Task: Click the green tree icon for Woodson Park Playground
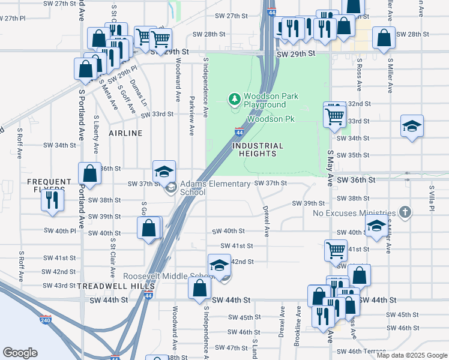click(234, 98)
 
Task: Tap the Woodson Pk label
click(271, 119)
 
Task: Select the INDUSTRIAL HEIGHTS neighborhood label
click(258, 149)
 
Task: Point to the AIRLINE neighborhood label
click(125, 133)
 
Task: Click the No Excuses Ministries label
click(354, 213)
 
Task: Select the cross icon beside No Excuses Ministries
click(406, 212)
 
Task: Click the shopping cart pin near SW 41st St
click(336, 250)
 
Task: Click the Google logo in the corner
click(20, 353)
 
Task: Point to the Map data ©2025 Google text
click(411, 355)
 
